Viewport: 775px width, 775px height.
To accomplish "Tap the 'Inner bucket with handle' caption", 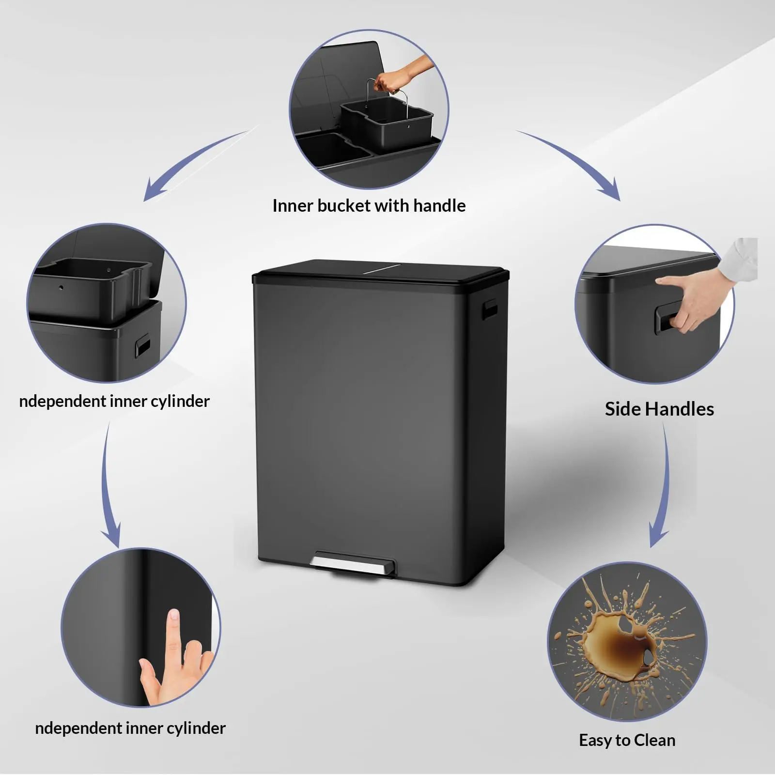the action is tap(369, 206).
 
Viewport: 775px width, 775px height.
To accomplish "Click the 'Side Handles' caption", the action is tap(659, 409).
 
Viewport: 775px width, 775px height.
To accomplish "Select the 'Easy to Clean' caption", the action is tap(627, 741).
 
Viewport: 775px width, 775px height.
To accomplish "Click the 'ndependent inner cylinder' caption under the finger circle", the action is tap(130, 728).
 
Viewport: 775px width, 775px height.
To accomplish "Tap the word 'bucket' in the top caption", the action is tap(345, 206).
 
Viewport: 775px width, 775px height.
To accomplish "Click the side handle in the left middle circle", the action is tap(142, 347).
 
